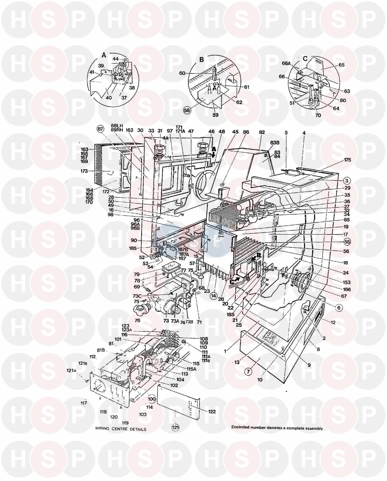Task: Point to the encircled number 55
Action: click(347, 242)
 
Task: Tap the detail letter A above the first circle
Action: click(104, 55)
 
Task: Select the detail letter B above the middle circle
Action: click(201, 59)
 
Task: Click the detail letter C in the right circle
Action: click(305, 59)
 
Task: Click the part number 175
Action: click(347, 160)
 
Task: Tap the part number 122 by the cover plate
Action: click(212, 411)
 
